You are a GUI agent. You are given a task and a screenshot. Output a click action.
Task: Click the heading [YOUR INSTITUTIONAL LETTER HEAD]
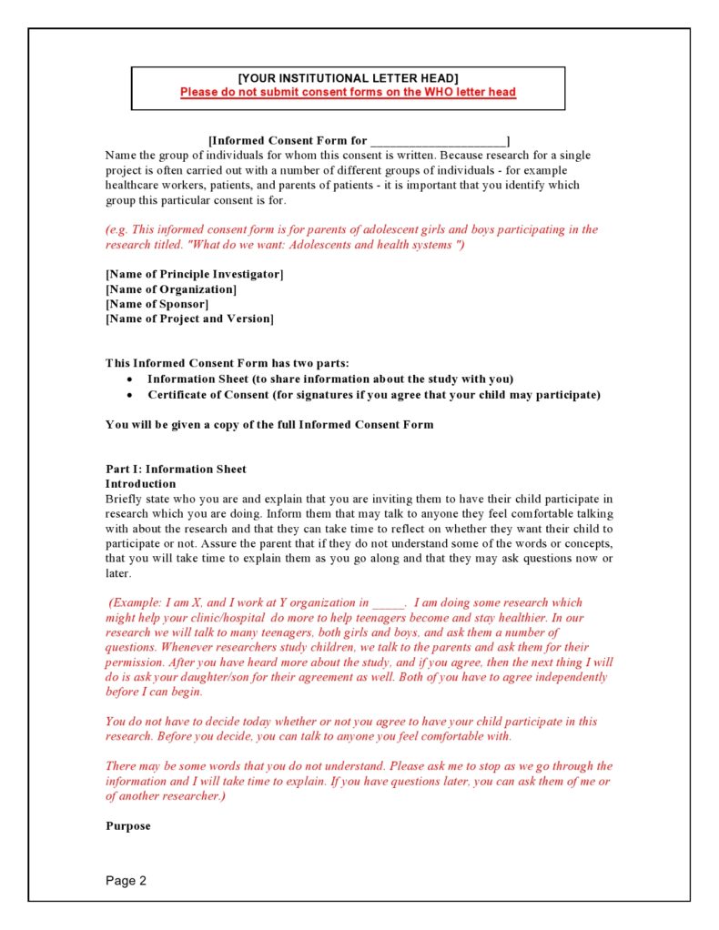[348, 78]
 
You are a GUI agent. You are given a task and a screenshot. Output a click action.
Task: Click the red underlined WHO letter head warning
[348, 92]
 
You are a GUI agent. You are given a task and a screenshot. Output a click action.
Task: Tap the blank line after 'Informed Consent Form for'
[438, 141]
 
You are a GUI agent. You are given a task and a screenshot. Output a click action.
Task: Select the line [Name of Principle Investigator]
[194, 275]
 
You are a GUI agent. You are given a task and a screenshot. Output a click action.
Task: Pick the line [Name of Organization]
[171, 289]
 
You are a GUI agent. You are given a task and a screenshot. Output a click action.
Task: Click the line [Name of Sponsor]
[157, 304]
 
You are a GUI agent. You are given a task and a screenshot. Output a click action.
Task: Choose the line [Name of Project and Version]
[189, 318]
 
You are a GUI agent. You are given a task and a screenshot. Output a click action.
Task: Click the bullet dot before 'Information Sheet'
[132, 379]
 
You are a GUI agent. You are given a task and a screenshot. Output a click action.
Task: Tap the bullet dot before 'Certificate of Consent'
[132, 395]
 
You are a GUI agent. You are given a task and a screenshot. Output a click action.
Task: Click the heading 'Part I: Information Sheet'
[176, 470]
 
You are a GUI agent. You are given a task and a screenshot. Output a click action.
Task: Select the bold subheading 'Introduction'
[140, 484]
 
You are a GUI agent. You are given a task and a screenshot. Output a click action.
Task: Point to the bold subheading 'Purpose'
[127, 827]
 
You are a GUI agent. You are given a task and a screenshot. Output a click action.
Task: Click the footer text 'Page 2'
[126, 881]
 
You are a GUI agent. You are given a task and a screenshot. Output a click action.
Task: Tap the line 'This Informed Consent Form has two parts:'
[227, 363]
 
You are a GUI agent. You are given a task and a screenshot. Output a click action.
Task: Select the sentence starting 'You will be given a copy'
[269, 425]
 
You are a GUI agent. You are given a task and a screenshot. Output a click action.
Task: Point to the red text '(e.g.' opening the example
[117, 230]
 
